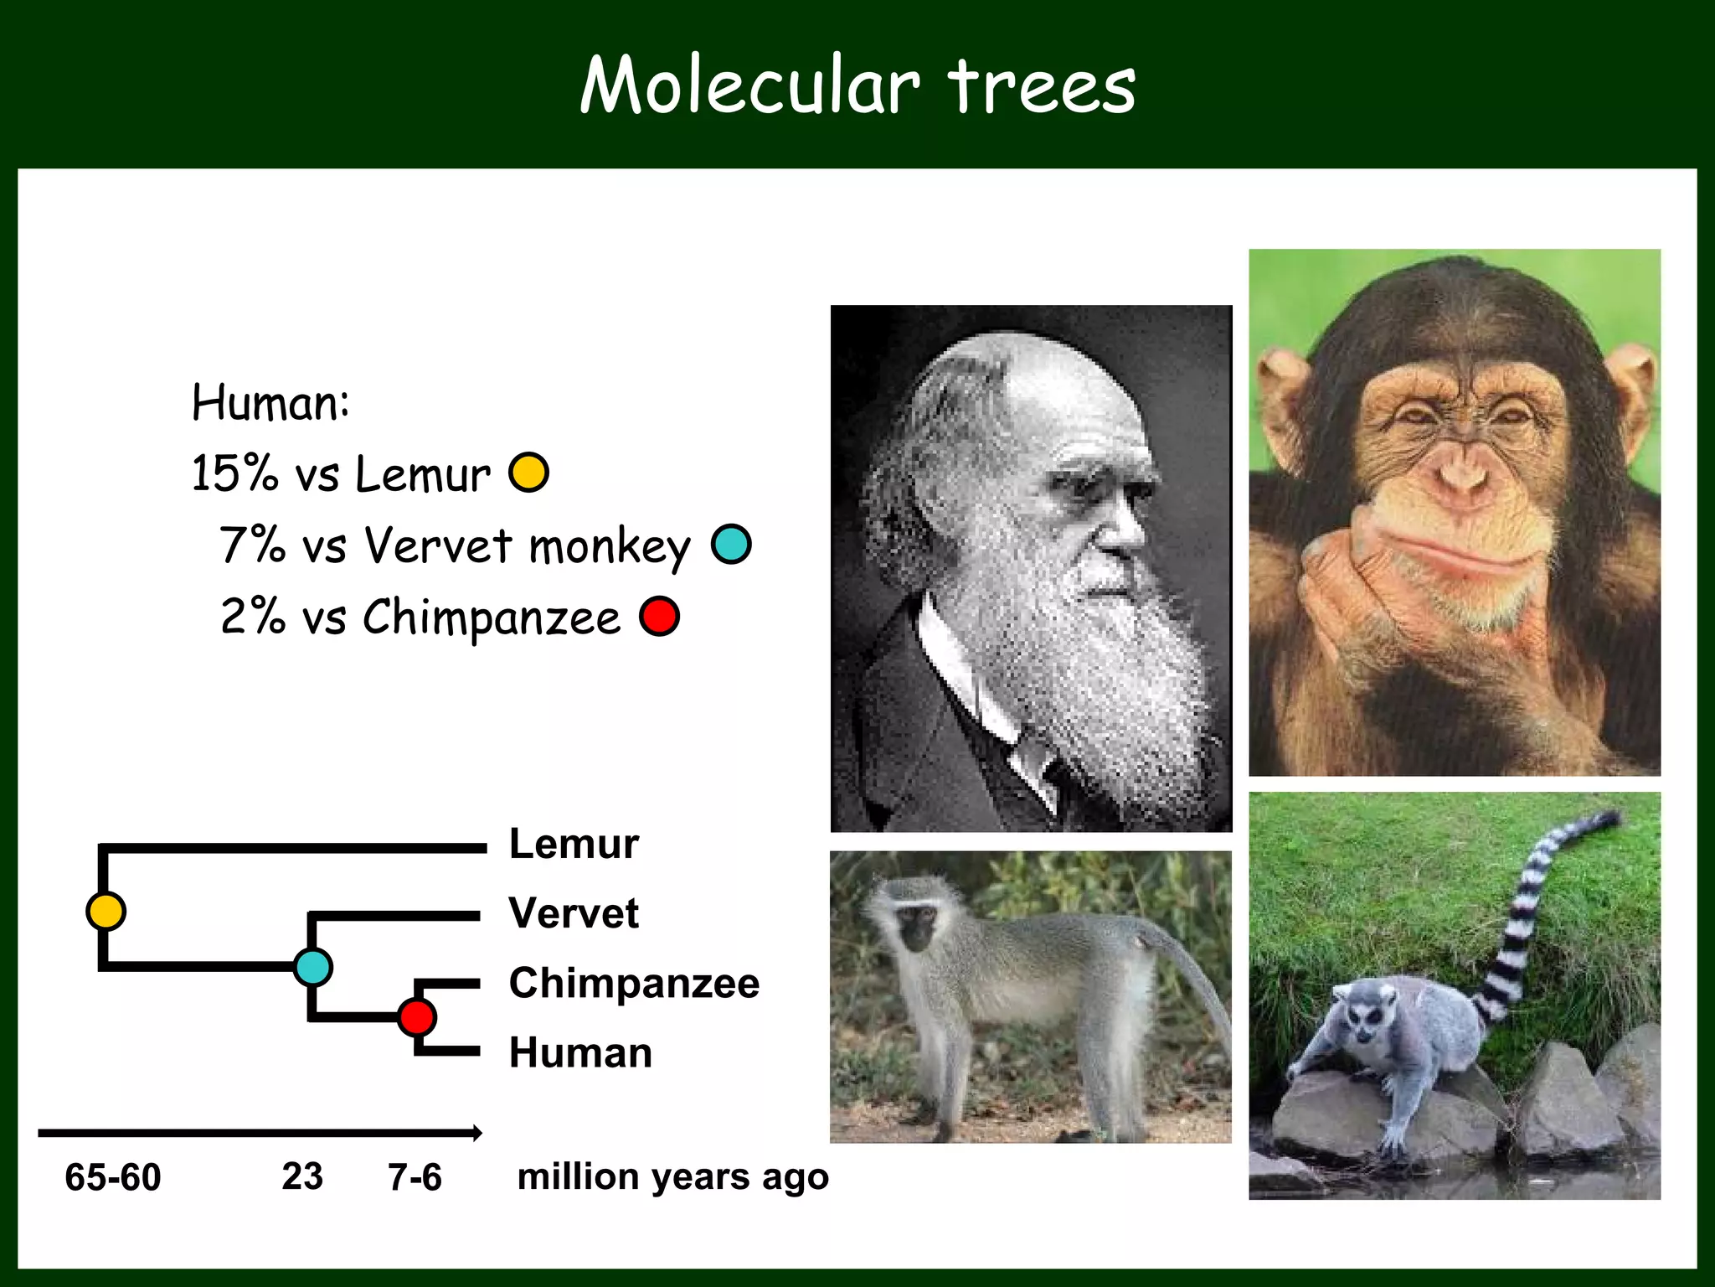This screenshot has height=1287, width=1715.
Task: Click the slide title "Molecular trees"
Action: pos(857,85)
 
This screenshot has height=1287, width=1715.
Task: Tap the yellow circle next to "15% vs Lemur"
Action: pos(529,472)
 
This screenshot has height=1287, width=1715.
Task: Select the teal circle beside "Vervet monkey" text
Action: pos(731,544)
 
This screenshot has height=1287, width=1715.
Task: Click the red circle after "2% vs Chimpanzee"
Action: pos(659,617)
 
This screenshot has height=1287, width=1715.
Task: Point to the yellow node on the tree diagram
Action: pos(106,911)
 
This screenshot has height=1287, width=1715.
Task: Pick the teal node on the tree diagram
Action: pos(313,967)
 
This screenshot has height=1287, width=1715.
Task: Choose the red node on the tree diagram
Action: pos(417,1017)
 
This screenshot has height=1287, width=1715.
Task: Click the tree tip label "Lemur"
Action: pos(574,844)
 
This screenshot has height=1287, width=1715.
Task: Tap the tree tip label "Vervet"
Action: pos(574,913)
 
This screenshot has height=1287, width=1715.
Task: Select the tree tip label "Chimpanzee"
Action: pos(634,983)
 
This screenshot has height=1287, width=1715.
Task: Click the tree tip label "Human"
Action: pos(580,1052)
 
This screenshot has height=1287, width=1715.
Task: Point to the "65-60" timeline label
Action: pos(113,1177)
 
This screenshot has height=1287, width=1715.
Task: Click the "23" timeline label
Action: pos(302,1176)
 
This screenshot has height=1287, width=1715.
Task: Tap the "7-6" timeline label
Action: pos(415,1177)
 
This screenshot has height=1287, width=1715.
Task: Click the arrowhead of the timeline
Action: pos(477,1133)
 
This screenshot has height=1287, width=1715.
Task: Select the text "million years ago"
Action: pos(673,1177)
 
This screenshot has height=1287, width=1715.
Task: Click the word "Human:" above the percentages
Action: pos(270,403)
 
